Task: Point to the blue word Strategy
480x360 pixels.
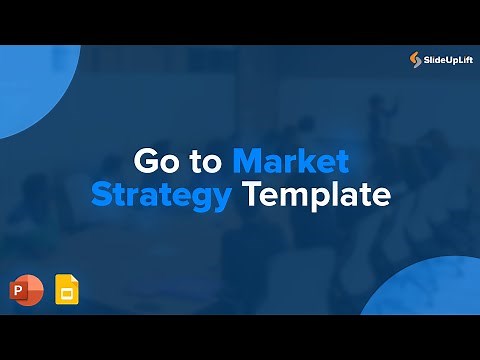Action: (160, 195)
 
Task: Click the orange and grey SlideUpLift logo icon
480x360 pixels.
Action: (417, 61)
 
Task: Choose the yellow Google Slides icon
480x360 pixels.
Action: (67, 287)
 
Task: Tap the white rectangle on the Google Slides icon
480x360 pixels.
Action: (67, 291)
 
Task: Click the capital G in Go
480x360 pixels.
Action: (145, 162)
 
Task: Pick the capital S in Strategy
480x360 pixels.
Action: (101, 195)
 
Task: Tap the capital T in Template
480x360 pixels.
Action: (251, 194)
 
